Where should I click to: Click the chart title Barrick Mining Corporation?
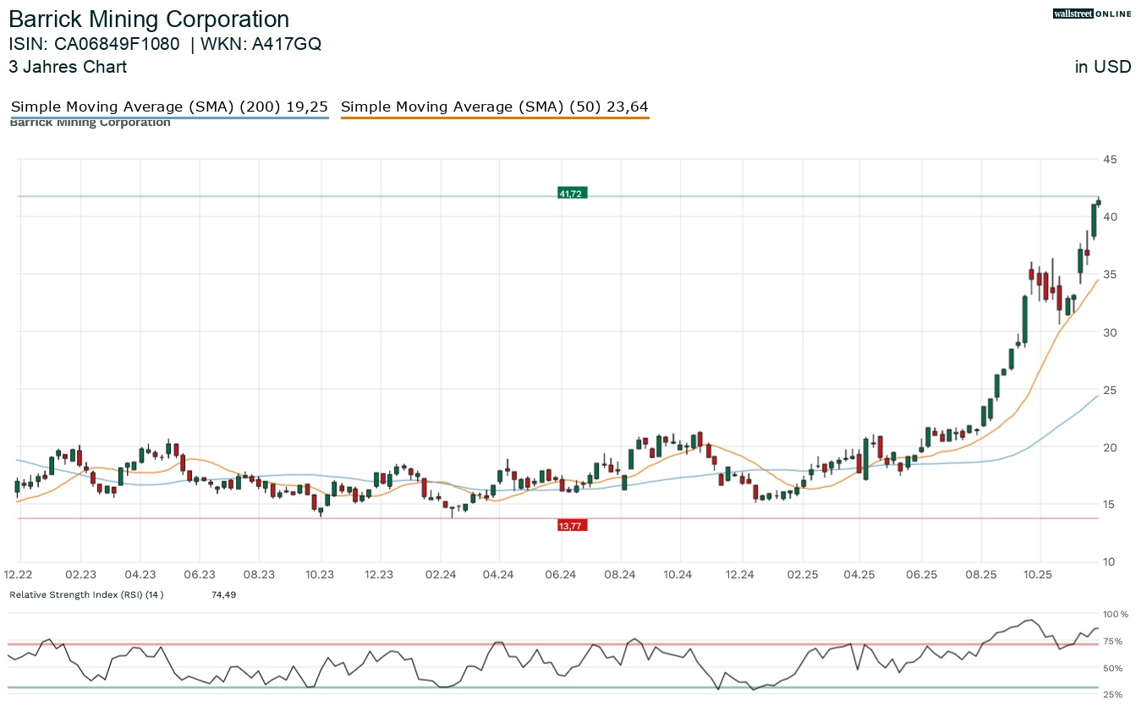click(149, 19)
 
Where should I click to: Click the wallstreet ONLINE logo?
click(1091, 14)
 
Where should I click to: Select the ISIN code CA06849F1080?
click(116, 44)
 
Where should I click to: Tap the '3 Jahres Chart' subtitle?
click(68, 67)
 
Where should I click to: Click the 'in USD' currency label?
click(1103, 67)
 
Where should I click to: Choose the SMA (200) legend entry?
click(169, 107)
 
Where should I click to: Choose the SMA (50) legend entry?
click(495, 107)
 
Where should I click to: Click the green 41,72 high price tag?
click(572, 194)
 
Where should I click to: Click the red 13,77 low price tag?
click(572, 525)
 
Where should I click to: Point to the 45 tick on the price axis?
click(1109, 159)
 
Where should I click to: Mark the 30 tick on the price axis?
click(1109, 332)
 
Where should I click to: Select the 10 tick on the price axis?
click(1109, 562)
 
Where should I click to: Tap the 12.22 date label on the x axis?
click(19, 575)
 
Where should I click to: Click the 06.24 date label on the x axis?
click(561, 575)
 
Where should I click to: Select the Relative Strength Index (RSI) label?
click(86, 595)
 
